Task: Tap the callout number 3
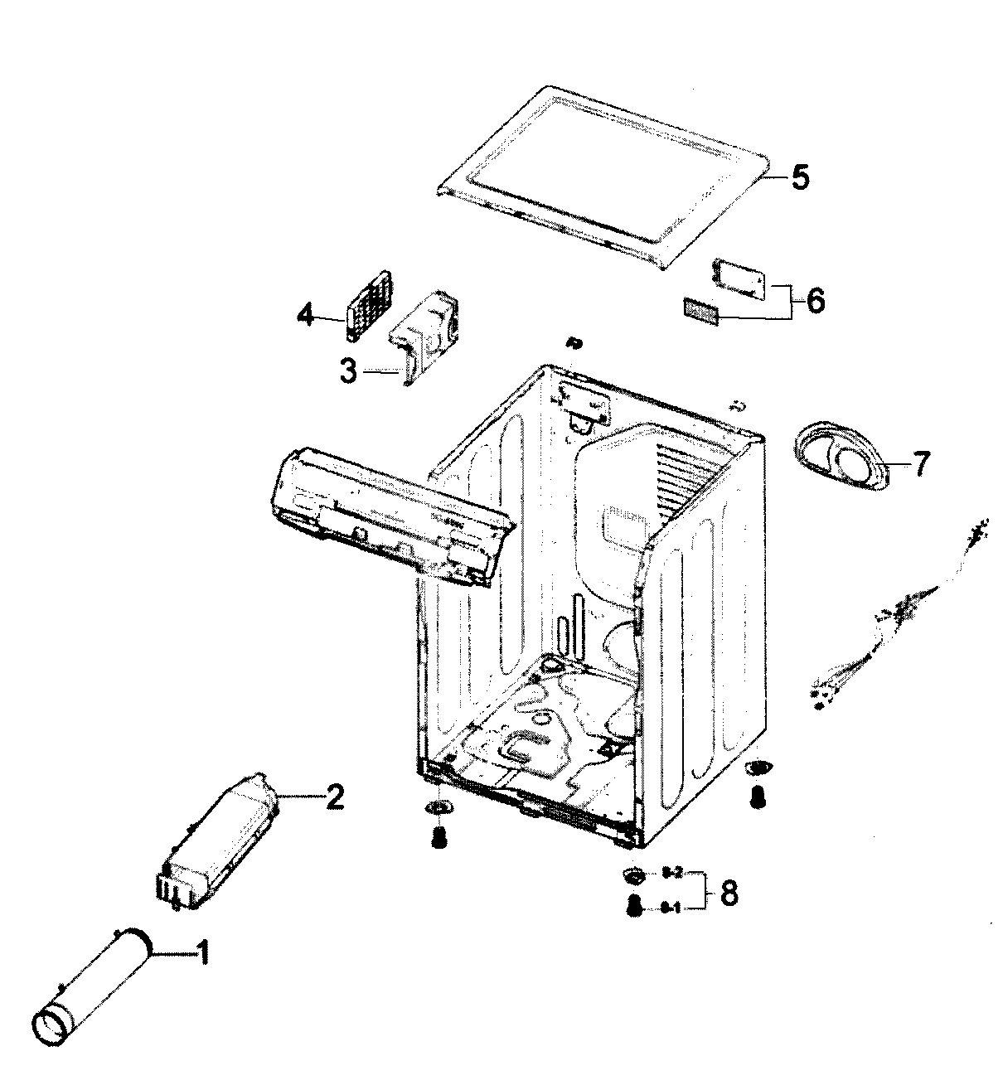(x=349, y=372)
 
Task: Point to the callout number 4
(x=306, y=316)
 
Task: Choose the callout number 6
(x=814, y=300)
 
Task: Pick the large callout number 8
(x=729, y=893)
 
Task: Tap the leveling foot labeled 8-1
(x=636, y=907)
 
